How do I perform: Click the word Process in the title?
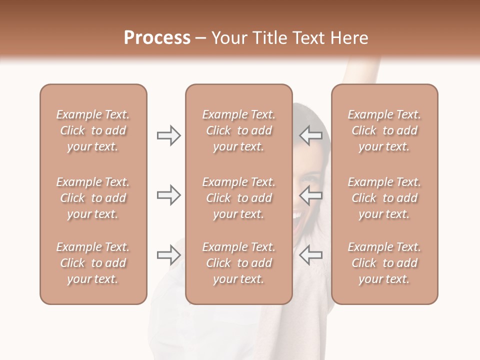pos(157,38)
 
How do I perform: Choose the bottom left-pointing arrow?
pos(311,255)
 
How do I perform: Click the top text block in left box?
pos(93,130)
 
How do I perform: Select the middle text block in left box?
pos(93,198)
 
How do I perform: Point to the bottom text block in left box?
pos(93,263)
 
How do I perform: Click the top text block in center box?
pos(238,130)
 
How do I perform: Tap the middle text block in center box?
pos(238,198)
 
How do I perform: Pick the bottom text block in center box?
pos(238,263)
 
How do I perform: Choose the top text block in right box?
pos(384,130)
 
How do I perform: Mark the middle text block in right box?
pos(384,198)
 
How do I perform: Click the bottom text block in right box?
pos(384,263)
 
